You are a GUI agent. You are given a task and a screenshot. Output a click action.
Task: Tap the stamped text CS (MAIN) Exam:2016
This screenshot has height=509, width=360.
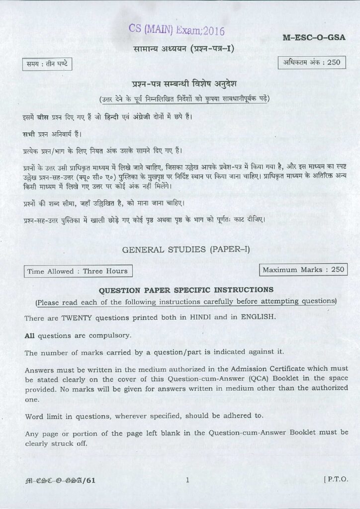(x=170, y=30)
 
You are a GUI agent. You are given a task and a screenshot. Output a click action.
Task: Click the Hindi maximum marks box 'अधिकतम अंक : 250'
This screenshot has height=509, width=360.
(x=312, y=63)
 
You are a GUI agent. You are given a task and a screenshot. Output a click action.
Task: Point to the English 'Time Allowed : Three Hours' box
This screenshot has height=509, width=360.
(x=77, y=271)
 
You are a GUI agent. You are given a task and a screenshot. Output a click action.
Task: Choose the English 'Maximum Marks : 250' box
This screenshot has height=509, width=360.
(x=303, y=269)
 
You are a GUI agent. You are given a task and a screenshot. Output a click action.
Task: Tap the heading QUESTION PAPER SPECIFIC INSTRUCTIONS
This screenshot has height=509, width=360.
(x=186, y=289)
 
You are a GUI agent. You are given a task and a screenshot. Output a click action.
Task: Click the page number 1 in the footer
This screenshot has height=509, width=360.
(x=187, y=480)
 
